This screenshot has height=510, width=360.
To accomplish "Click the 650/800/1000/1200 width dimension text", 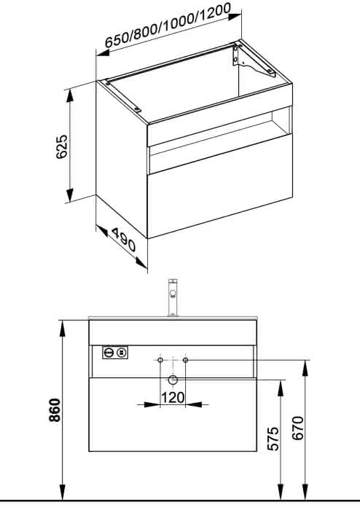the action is [x=168, y=25].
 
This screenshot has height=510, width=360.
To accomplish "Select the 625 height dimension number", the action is [x=61, y=146].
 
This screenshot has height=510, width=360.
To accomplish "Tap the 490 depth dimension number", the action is [x=124, y=240].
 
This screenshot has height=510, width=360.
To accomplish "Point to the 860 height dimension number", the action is [x=55, y=409].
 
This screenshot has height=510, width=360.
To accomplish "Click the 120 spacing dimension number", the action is [x=173, y=397].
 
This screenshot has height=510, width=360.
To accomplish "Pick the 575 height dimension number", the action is [x=273, y=439].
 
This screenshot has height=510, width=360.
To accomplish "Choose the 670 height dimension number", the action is [x=297, y=428].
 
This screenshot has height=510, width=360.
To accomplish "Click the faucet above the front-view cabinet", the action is [x=173, y=297].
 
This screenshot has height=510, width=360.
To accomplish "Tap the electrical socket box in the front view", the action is [x=115, y=352].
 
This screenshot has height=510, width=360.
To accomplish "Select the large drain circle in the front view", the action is [x=173, y=380].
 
